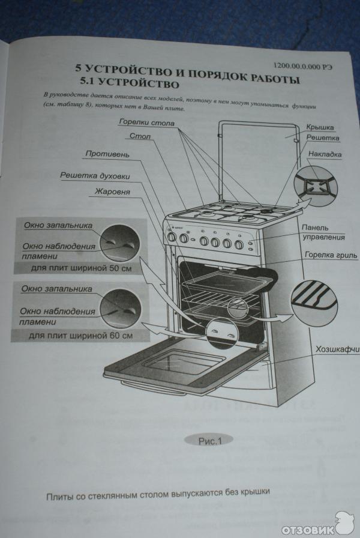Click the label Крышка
click(x=320, y=127)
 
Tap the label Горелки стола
click(x=146, y=122)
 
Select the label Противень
click(x=107, y=154)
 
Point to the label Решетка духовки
click(x=95, y=176)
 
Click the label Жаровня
click(x=112, y=192)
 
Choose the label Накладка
click(x=325, y=154)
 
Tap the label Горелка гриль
click(x=329, y=255)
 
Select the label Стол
click(x=140, y=136)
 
